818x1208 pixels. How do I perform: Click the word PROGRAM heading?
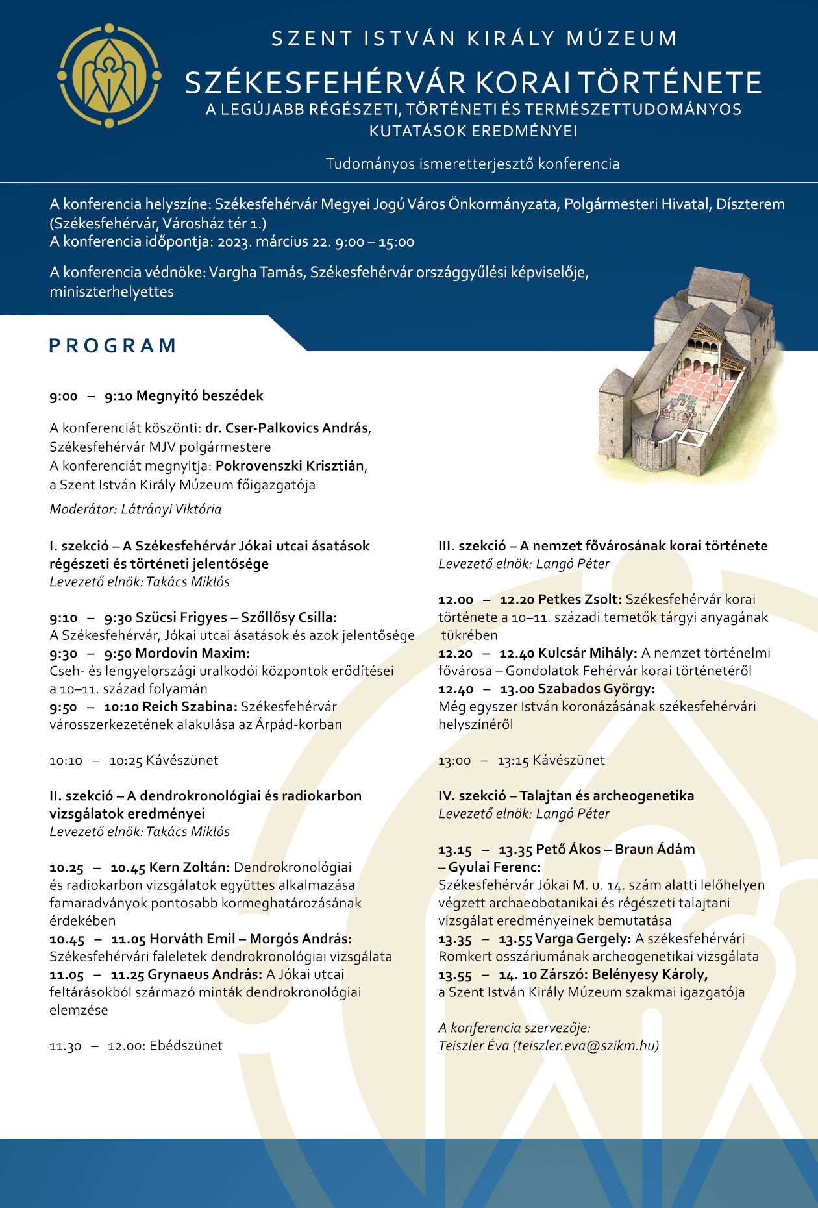point(113,345)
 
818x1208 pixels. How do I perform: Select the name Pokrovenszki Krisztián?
point(290,466)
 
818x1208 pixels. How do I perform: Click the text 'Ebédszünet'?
point(186,1046)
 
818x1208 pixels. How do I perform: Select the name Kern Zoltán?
point(189,867)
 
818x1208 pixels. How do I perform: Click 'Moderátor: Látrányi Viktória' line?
point(136,509)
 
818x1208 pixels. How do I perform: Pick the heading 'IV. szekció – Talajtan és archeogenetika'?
point(566,796)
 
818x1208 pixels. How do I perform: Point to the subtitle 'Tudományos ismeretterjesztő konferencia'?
point(473,164)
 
